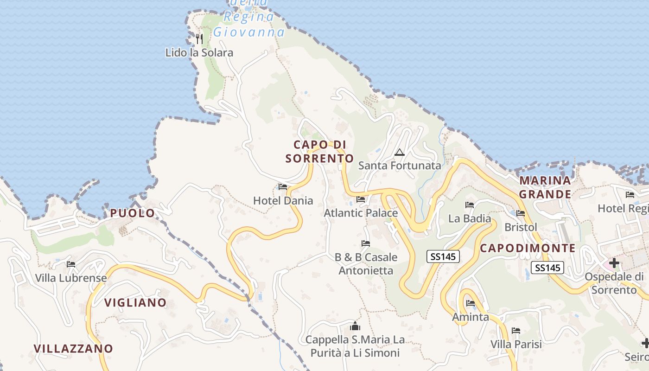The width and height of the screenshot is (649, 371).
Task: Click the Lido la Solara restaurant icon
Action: [x=199, y=38]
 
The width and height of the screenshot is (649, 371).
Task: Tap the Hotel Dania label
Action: [x=283, y=201]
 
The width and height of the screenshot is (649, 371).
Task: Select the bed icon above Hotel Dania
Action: [x=283, y=187]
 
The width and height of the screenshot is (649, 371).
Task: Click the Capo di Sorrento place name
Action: [x=320, y=152]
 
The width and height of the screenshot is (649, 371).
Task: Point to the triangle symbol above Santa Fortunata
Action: [x=400, y=152]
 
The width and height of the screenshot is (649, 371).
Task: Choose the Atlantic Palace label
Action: [x=361, y=213]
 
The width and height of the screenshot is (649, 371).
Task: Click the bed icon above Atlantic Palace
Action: [x=361, y=199]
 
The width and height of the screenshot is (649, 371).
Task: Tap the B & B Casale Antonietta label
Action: [x=366, y=264]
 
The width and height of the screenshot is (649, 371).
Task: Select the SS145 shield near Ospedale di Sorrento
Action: [x=547, y=268]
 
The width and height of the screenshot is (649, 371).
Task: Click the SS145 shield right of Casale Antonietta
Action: [x=443, y=256]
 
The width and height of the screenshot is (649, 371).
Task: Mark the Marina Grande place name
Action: [x=545, y=187]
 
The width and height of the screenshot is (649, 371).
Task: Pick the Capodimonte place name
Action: [x=528, y=248]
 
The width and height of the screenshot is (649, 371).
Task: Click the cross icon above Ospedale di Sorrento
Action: [x=614, y=263]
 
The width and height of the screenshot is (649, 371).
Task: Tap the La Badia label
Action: [x=470, y=218]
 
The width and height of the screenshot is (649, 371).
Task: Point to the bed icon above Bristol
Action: [x=521, y=214]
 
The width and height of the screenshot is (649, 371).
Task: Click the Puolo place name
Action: [x=133, y=213]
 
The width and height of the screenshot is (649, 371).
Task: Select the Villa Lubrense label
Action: [x=71, y=278]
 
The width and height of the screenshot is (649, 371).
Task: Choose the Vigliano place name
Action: [x=135, y=303]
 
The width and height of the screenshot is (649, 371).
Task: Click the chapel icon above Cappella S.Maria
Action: [x=355, y=326]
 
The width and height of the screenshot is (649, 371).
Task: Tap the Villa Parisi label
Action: [x=516, y=345]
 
